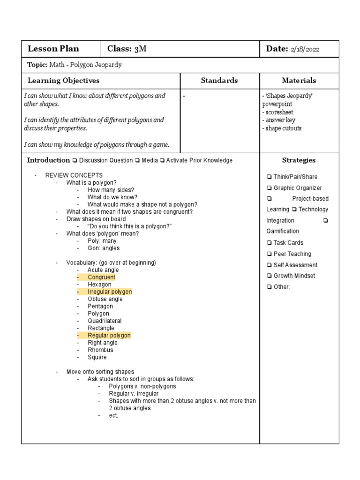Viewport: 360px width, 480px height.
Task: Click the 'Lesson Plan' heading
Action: [53, 49]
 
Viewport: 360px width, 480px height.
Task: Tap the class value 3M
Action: [140, 49]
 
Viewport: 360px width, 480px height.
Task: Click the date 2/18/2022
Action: [306, 49]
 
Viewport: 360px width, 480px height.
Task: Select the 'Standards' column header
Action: [219, 81]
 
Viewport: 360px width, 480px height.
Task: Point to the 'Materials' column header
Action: [299, 81]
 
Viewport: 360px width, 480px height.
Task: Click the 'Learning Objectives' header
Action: [64, 81]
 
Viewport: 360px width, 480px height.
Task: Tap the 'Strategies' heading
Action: [299, 160]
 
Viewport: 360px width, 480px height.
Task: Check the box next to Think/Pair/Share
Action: [270, 177]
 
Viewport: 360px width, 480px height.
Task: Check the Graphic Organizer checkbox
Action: [270, 188]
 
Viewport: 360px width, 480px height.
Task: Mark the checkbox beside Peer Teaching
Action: [270, 254]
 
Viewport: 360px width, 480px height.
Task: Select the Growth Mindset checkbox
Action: [270, 276]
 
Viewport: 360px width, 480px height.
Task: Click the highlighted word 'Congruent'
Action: [101, 277]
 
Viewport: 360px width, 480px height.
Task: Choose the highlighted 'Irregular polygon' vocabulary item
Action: [110, 292]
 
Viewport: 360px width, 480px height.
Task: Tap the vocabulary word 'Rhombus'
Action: [100, 350]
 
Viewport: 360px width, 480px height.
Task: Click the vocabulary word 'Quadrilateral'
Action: [105, 321]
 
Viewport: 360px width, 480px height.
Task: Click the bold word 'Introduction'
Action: [48, 160]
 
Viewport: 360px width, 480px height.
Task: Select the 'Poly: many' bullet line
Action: [102, 241]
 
